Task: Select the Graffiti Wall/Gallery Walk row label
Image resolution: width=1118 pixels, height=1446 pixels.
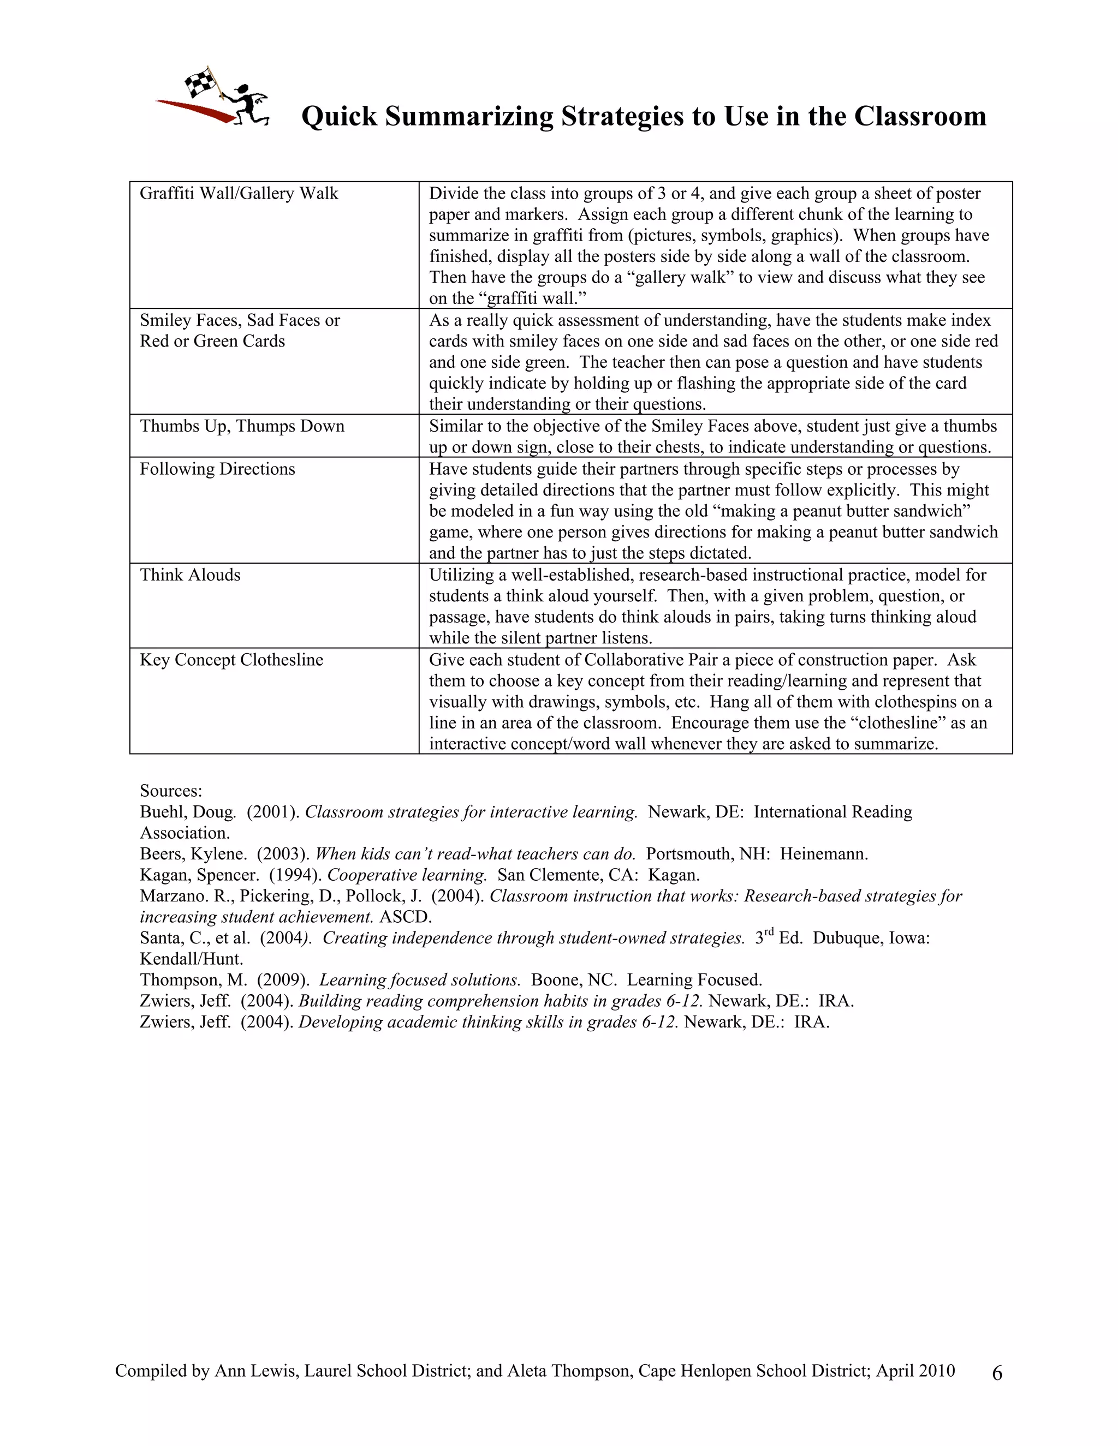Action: [x=239, y=193]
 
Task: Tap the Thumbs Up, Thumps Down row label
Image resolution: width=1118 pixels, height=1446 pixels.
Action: [x=242, y=426]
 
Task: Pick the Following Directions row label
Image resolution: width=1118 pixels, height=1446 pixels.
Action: [x=217, y=469]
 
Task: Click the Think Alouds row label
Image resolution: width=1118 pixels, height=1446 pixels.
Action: [x=190, y=575]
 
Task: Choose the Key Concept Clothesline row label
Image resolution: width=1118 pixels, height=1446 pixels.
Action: [x=231, y=660]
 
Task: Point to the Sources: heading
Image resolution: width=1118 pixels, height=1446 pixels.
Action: [x=171, y=791]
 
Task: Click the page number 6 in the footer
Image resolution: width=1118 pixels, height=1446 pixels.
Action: [x=997, y=1374]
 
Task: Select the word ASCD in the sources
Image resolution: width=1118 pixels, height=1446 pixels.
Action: [x=406, y=917]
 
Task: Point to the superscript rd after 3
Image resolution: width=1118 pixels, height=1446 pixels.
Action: [x=768, y=933]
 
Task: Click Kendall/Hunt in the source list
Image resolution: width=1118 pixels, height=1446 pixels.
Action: [x=192, y=959]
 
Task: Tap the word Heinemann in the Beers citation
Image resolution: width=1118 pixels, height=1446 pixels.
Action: [x=823, y=854]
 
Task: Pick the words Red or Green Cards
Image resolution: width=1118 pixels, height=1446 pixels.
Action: [x=212, y=342]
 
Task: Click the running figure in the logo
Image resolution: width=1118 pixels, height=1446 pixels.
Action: [x=248, y=106]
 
